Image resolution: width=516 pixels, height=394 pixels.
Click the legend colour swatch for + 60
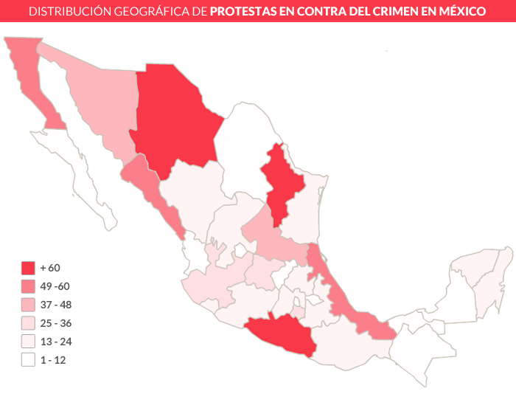(29, 268)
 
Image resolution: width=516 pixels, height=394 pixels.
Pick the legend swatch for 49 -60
(29, 286)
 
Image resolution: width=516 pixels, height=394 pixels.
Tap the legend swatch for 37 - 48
(29, 305)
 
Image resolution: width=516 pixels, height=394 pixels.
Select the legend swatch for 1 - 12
(29, 360)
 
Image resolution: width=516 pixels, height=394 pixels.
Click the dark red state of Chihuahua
(175, 118)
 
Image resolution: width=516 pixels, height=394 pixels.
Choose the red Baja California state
(29, 74)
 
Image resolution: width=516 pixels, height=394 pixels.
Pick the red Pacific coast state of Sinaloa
(151, 188)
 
